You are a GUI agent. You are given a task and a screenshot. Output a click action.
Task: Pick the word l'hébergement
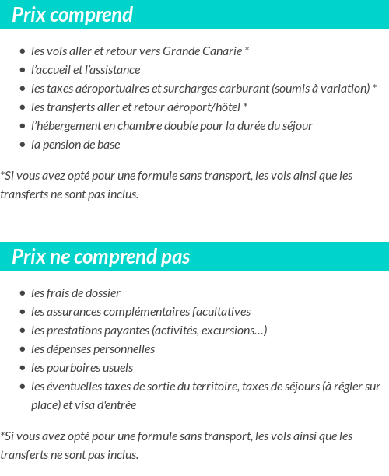(x=64, y=126)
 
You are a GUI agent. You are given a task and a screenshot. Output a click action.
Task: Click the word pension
(x=60, y=145)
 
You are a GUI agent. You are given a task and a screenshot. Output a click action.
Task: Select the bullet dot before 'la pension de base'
(x=23, y=145)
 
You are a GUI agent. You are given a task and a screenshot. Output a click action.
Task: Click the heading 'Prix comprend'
(x=72, y=15)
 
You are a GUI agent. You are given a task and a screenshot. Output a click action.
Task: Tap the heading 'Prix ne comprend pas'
(x=101, y=257)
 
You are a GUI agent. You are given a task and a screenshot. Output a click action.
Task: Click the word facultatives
(x=219, y=312)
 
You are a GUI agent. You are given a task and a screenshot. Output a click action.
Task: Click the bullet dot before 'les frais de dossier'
(x=23, y=293)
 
